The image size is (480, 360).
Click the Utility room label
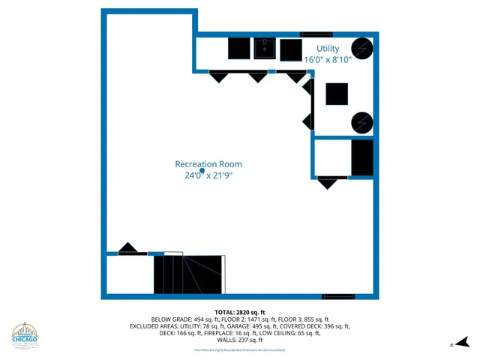click(x=327, y=49)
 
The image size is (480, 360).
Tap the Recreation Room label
click(x=208, y=164)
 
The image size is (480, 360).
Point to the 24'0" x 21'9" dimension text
click(x=208, y=175)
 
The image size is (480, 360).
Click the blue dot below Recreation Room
click(x=202, y=171)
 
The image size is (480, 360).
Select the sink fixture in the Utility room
click(x=264, y=49)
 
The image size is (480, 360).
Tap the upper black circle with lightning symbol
click(x=362, y=48)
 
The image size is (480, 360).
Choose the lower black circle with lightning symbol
click(x=362, y=121)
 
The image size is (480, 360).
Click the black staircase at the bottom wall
click(x=188, y=274)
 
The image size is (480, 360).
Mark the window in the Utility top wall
click(x=316, y=34)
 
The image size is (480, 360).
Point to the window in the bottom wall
click(x=338, y=296)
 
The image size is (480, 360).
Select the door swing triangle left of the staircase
click(x=129, y=249)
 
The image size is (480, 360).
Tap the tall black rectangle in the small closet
click(x=362, y=157)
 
